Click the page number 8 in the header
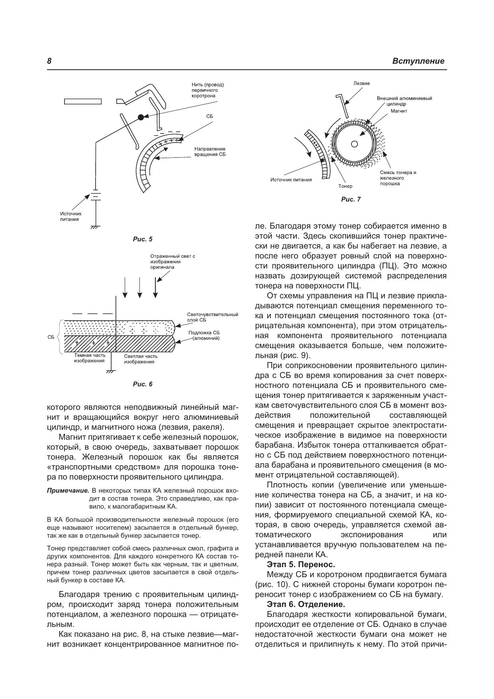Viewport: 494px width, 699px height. point(49,61)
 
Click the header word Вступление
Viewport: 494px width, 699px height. point(418,61)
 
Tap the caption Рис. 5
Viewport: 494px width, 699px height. point(143,239)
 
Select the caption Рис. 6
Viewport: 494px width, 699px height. point(143,384)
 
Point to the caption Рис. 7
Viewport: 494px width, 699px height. point(351,200)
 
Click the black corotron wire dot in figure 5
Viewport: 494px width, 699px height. point(141,117)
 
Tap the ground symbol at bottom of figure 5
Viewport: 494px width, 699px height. point(95,227)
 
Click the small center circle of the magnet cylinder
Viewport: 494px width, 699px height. point(354,144)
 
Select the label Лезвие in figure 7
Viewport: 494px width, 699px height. point(362,84)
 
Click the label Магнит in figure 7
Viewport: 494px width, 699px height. point(398,111)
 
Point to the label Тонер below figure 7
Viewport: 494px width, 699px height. point(345,186)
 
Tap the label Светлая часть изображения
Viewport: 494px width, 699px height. point(139,359)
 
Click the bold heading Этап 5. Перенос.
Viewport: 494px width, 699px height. point(301,564)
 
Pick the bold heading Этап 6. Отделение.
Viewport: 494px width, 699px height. point(306,604)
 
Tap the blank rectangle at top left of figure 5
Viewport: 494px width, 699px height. point(83,102)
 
